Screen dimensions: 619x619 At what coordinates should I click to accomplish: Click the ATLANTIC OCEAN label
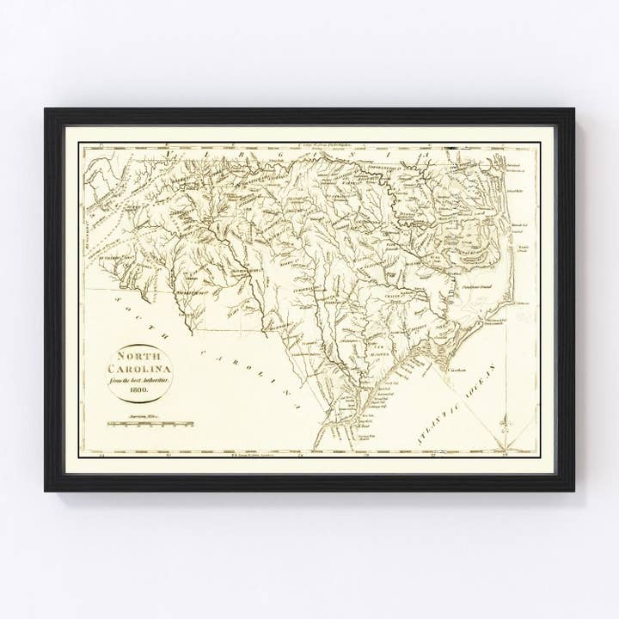coord(447,405)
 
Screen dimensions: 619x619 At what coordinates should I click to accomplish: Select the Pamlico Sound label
coord(477,277)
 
